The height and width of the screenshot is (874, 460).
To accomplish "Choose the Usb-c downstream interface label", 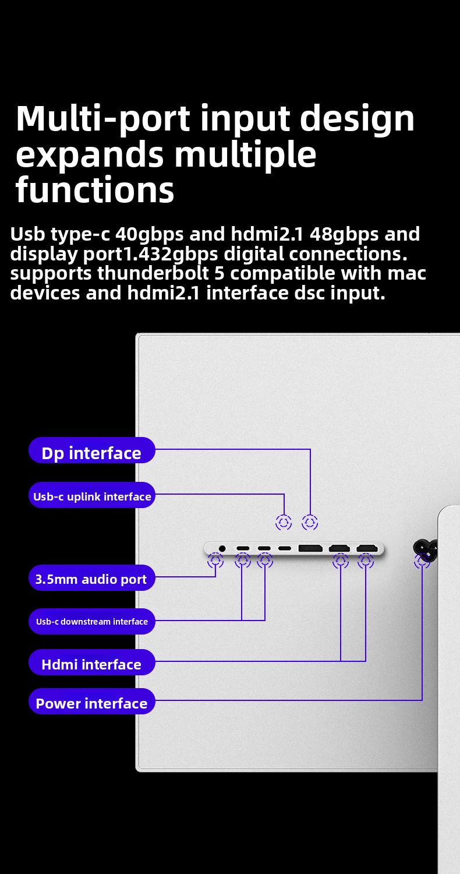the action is (x=91, y=621).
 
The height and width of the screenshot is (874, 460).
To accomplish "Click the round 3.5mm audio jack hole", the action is (x=222, y=549).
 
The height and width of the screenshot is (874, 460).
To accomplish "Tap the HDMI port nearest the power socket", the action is (x=367, y=549).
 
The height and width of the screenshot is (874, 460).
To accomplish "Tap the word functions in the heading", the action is (x=95, y=190).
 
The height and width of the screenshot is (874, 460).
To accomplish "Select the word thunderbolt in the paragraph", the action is (x=153, y=273).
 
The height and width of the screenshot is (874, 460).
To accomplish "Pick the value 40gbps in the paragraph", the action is (x=149, y=234).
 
